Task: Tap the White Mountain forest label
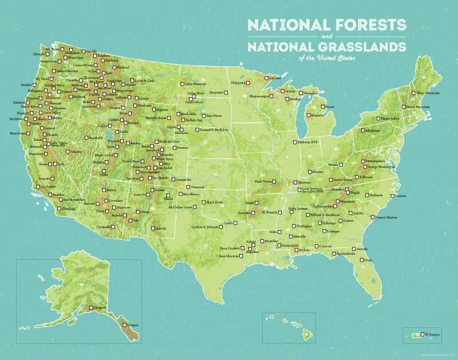click(427, 92)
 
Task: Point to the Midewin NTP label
click(307, 142)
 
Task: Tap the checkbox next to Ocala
click(359, 259)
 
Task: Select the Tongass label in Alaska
click(132, 325)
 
